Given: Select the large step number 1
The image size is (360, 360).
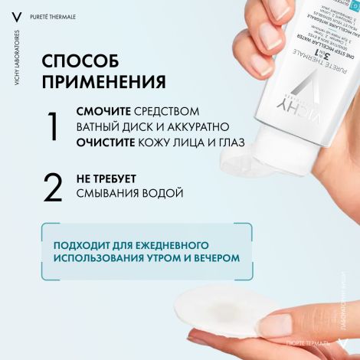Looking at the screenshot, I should [x=52, y=126].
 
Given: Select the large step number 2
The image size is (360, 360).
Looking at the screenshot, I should [x=52, y=188].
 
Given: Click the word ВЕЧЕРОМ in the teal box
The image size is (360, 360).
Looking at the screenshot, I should [x=214, y=259].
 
